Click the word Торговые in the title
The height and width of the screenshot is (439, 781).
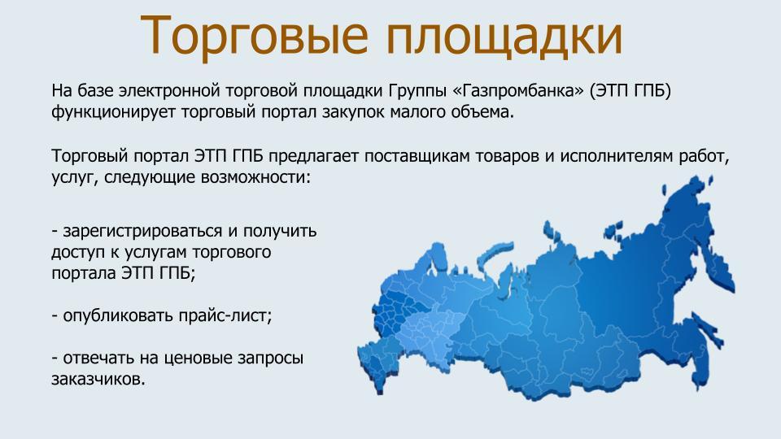pyautogui.click(x=254, y=35)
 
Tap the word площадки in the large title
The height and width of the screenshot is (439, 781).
pyautogui.click(x=504, y=36)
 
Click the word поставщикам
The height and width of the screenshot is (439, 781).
pyautogui.click(x=417, y=156)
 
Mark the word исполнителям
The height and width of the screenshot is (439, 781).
pyautogui.click(x=617, y=156)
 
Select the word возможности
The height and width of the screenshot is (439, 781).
pyautogui.click(x=255, y=177)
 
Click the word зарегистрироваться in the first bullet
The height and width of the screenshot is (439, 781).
pyautogui.click(x=142, y=232)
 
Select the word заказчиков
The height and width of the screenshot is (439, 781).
pyautogui.click(x=98, y=380)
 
